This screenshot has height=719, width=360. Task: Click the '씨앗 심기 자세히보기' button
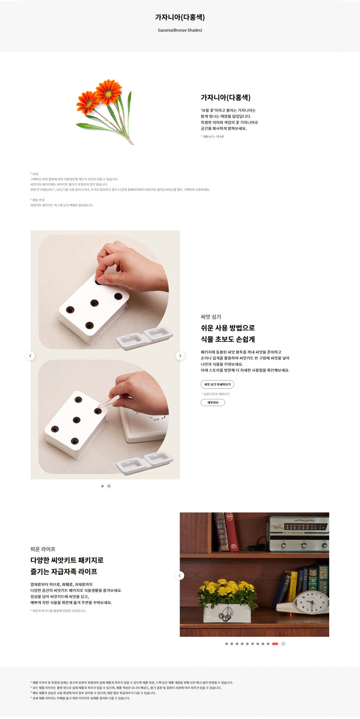tap(217, 384)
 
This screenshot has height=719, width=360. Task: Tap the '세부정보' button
tap(213, 403)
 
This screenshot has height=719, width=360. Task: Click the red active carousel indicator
tap(275, 644)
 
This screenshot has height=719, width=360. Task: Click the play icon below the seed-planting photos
tap(109, 486)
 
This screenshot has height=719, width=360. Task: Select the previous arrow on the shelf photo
tap(179, 575)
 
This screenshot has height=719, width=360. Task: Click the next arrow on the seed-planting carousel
tap(180, 356)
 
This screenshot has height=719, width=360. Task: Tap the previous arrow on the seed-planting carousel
tap(30, 356)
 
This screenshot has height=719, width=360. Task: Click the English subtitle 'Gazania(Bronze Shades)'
tap(180, 30)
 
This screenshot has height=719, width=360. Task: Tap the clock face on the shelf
tap(312, 602)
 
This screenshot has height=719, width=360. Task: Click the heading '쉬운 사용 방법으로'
tap(228, 328)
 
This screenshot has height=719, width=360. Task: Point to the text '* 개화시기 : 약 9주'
tap(212, 136)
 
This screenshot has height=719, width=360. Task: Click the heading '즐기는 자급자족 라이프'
tap(64, 571)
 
